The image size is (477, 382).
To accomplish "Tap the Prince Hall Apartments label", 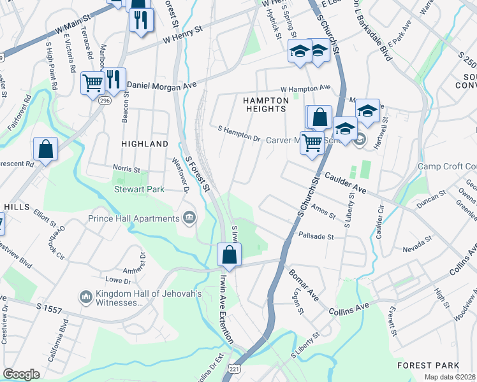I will pyautogui.click(x=135, y=218).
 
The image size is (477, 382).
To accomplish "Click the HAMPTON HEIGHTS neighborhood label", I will pyautogui.click(x=265, y=104).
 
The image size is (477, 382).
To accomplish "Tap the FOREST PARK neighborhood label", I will pyautogui.click(x=427, y=365).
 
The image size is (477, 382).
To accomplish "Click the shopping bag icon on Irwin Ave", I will pyautogui.click(x=229, y=255).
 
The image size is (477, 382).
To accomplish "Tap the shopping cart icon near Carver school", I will pyautogui.click(x=312, y=143).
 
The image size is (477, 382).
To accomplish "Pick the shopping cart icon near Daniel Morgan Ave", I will pyautogui.click(x=92, y=82).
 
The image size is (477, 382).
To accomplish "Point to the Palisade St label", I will pyautogui.click(x=316, y=236).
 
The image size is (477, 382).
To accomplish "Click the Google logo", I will pyautogui.click(x=22, y=374).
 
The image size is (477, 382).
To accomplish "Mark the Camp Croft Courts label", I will pyautogui.click(x=447, y=167).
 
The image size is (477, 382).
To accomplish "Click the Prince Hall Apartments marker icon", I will pyautogui.click(x=189, y=218).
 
